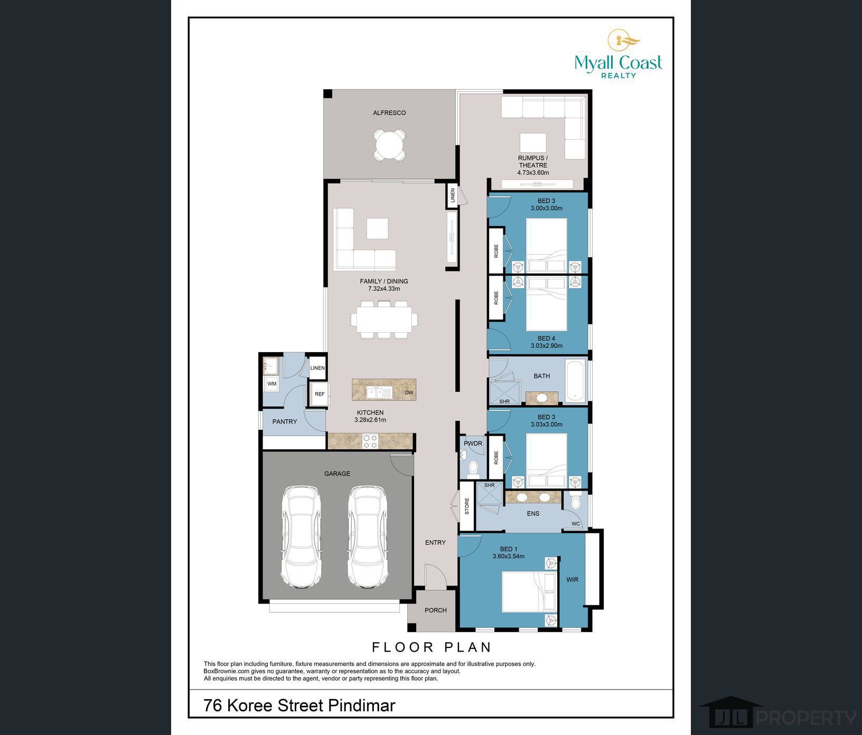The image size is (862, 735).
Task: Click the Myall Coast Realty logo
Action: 619,54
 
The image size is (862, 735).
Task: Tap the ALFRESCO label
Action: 389,113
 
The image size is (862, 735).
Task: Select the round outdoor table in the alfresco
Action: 390,144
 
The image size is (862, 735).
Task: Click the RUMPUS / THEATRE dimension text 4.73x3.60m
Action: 533,173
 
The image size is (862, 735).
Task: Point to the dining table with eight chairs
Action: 385,319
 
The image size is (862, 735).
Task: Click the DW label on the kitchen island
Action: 409,393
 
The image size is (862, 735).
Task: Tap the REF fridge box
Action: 320,394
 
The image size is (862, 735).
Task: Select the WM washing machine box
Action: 271,384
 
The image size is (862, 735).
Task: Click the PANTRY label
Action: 285,422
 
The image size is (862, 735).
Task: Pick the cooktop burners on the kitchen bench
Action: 370,441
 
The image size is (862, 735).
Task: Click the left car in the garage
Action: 301,537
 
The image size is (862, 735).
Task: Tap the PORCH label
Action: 436,610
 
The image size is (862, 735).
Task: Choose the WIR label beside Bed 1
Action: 573,580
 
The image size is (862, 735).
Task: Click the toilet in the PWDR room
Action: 473,468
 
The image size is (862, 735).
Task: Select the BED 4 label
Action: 546,338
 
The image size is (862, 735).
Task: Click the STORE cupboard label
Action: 467,506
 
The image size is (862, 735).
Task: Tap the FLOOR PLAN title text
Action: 432,647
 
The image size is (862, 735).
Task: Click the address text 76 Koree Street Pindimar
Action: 299,705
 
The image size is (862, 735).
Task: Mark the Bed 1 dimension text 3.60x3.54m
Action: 508,556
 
